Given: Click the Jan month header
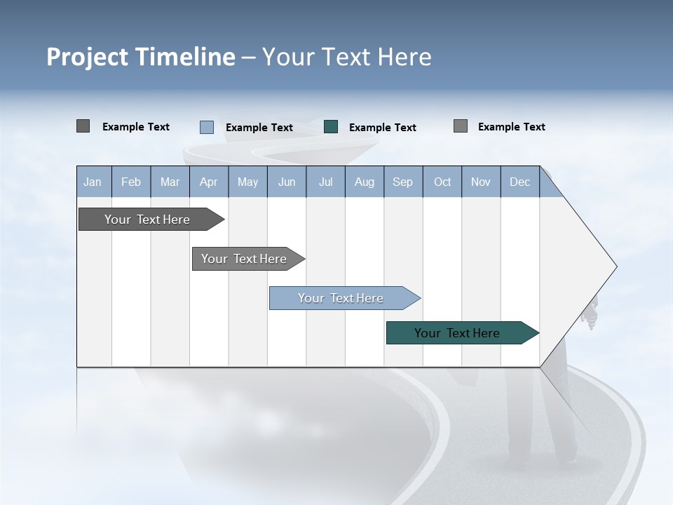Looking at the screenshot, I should point(93,182).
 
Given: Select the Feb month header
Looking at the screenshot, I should point(131,182).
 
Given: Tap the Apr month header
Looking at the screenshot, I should point(208,182).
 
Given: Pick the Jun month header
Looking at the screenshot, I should point(287,182).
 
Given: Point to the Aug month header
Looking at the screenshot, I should point(364,182).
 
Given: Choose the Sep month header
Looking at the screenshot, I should point(402,182).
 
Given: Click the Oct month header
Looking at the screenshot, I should point(442,182).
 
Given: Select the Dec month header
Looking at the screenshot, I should point(519,182).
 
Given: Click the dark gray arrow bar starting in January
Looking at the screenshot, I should point(147,220).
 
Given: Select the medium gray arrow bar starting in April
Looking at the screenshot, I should point(244,259).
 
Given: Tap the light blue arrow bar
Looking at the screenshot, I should point(341,298).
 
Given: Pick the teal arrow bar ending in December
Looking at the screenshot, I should point(457,333).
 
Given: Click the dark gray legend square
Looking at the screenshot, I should point(83,126).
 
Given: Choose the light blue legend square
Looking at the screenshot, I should point(206,127).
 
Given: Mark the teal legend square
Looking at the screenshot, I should point(331,127).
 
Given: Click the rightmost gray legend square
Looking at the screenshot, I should point(460,126).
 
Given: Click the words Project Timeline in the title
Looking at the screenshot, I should point(140,57).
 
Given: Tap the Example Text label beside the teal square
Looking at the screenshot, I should point(382,128).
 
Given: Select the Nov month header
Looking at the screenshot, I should point(481,182).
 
